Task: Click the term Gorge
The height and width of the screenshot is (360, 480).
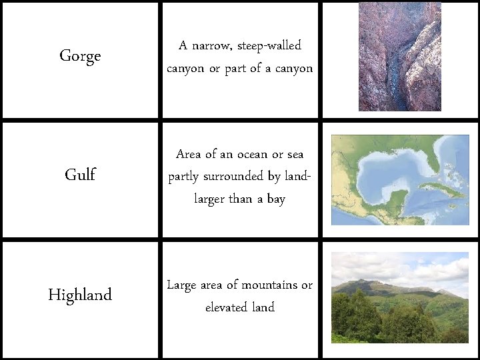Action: click(80, 56)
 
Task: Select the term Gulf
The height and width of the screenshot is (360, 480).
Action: click(80, 175)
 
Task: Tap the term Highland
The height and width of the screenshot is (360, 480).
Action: click(80, 295)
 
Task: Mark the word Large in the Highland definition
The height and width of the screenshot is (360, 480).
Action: click(181, 285)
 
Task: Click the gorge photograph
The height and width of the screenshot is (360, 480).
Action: click(400, 57)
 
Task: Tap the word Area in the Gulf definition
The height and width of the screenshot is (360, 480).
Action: click(189, 154)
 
